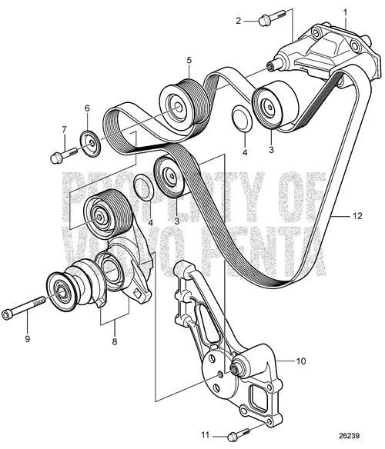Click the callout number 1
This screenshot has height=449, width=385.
point(346,11)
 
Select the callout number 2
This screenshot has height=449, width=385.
point(239,20)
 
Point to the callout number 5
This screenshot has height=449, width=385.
point(188,59)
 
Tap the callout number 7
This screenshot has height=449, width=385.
point(64,130)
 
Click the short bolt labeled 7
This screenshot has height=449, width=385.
point(58,158)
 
